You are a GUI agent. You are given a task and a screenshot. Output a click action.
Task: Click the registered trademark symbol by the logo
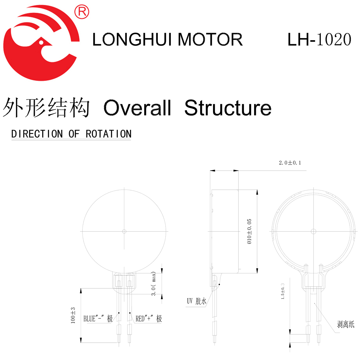(82, 11)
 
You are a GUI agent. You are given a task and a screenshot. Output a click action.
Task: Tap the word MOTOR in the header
(210, 40)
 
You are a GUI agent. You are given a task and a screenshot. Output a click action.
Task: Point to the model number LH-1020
(319, 40)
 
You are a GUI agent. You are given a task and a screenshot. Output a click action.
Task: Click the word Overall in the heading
(137, 108)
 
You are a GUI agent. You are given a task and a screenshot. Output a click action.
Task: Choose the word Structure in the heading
(228, 108)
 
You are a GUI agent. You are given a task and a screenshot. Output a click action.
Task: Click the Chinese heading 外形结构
(46, 108)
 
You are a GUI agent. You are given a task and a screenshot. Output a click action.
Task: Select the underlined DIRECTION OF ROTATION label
(71, 134)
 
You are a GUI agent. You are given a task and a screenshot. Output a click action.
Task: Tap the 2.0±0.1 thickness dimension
(290, 163)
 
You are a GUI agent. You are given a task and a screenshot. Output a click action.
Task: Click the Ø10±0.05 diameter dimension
(249, 231)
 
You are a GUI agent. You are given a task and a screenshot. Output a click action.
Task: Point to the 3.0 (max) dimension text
(154, 284)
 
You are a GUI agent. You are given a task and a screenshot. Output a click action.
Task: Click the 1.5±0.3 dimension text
(283, 291)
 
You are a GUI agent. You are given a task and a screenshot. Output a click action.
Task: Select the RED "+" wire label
(149, 319)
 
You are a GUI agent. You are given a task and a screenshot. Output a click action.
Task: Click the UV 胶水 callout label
(197, 301)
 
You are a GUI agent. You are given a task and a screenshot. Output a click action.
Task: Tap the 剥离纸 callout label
(346, 324)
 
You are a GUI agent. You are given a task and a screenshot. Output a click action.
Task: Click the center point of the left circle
(124, 231)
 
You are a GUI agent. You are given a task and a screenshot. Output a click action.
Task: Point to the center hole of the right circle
(313, 231)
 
